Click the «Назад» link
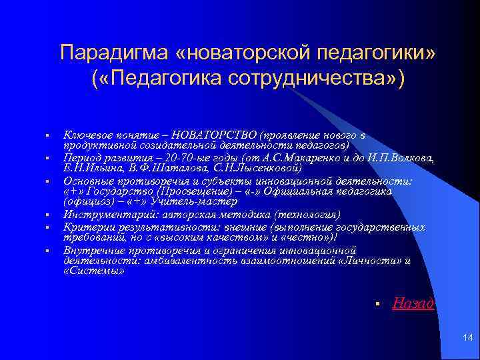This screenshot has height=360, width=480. point(413,304)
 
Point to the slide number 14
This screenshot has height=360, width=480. point(467,339)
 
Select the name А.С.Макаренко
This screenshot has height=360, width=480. point(307,158)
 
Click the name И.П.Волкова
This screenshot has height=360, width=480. point(397,158)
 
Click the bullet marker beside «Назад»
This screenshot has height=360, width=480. point(377,305)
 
